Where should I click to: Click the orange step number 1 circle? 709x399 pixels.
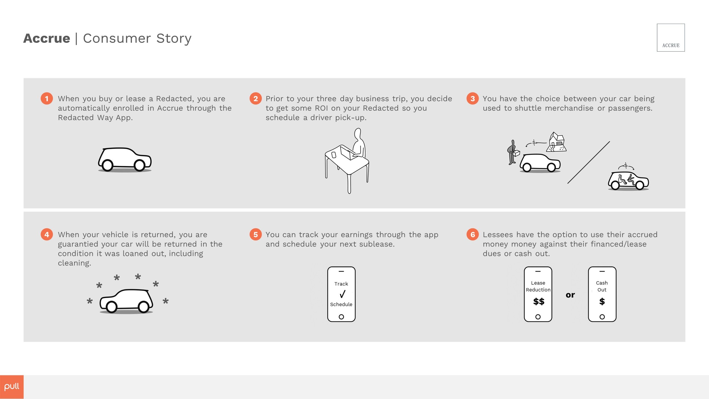[x=47, y=98]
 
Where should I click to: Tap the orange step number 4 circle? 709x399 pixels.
[x=47, y=235]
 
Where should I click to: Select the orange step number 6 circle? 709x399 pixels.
[x=472, y=235]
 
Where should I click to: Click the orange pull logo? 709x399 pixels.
[x=12, y=387]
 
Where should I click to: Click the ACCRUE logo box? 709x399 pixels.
[x=671, y=37]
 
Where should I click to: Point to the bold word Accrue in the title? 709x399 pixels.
[x=47, y=38]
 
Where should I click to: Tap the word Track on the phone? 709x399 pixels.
[x=341, y=284]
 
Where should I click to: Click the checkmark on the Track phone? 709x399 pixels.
[x=343, y=294]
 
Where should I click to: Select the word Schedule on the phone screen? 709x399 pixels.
[x=341, y=304]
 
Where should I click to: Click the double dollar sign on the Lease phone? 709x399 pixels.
[x=539, y=301]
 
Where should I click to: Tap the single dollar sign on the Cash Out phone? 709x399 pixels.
[x=602, y=301]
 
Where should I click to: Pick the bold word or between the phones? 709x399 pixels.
[x=570, y=295]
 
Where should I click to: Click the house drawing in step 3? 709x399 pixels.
[x=556, y=142]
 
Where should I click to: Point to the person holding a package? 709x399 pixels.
[x=512, y=152]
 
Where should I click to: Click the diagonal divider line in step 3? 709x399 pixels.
[x=588, y=162]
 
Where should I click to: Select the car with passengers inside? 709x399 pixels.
[x=628, y=181]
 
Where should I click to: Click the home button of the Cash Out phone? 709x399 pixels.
[x=602, y=317]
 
